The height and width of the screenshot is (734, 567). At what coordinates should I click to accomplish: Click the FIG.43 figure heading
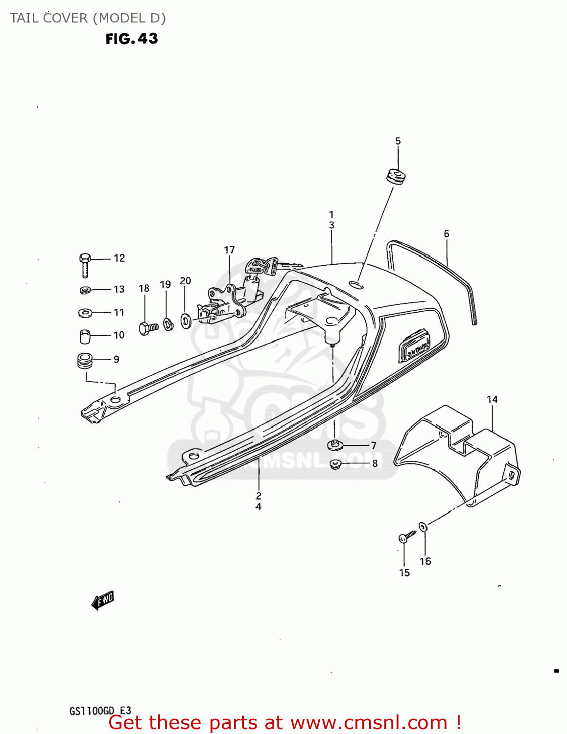132,39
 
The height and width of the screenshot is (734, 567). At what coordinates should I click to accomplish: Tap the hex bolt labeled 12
84,264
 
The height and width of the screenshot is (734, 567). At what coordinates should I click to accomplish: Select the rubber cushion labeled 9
85,361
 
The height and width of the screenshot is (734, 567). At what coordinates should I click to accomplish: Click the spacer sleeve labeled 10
85,336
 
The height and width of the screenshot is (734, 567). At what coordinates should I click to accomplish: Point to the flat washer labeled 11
85,312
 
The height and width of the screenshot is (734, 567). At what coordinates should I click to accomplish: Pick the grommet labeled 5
397,177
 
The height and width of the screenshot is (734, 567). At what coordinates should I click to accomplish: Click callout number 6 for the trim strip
447,234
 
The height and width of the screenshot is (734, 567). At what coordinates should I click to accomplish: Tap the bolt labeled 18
147,328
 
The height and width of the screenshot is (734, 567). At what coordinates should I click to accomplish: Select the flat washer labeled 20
186,321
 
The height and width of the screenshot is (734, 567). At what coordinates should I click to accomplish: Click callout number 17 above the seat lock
229,250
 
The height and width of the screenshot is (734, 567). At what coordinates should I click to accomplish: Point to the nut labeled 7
335,445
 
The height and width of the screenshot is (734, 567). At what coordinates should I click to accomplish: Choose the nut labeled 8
335,463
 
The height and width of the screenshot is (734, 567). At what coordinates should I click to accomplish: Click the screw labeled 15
406,537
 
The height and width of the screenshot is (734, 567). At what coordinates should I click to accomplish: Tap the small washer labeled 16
424,527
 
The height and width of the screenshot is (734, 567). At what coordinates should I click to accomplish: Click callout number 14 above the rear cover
492,400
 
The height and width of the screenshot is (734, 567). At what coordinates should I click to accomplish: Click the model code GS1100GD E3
100,711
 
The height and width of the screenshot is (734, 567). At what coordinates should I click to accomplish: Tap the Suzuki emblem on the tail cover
415,347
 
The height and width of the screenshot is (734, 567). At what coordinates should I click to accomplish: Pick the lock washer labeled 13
85,290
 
